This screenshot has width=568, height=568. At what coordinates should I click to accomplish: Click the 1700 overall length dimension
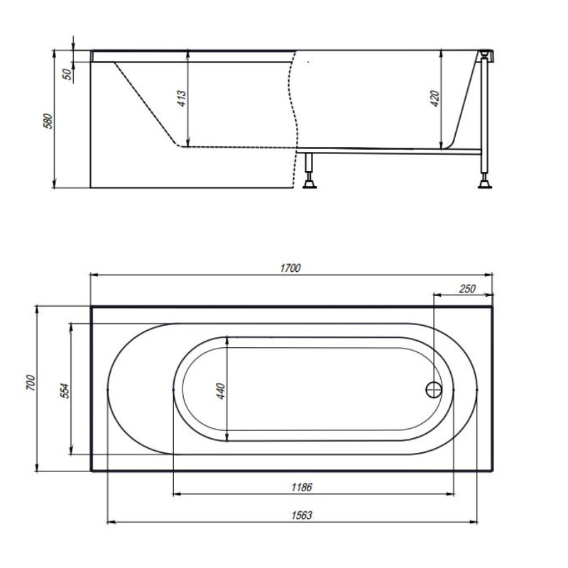(290, 268)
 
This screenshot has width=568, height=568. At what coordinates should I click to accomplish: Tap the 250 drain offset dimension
(467, 289)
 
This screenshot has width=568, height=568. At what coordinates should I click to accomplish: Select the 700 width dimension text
(31, 383)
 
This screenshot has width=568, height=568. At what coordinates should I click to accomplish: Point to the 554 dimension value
(64, 390)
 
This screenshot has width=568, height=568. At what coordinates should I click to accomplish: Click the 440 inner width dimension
(221, 391)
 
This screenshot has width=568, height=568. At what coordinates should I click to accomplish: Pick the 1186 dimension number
(302, 487)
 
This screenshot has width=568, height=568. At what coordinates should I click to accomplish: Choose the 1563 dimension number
(302, 515)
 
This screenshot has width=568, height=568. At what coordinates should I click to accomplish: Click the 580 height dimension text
(48, 121)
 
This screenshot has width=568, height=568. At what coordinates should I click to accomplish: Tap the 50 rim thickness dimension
(67, 75)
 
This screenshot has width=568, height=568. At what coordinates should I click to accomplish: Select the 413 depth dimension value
(182, 98)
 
